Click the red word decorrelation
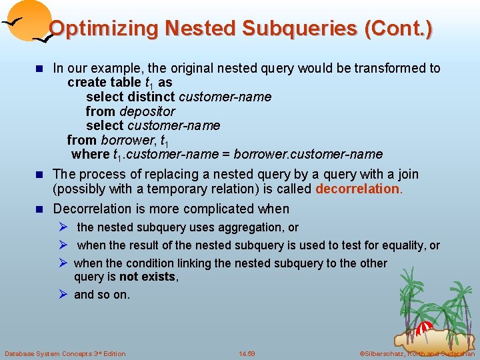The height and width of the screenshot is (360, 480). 357,189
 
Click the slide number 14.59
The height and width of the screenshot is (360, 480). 247,353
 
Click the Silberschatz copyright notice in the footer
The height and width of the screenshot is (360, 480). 416,353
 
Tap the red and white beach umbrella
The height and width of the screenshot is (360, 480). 424,329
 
